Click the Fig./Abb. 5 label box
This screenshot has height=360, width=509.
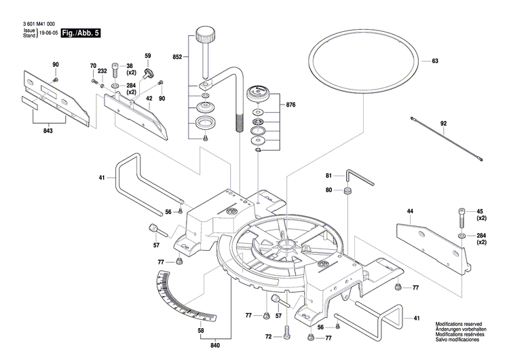[79, 33]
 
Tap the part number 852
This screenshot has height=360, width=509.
[178, 58]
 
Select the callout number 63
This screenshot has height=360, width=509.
[435, 62]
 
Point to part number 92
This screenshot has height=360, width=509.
[443, 124]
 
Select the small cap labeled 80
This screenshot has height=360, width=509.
[347, 191]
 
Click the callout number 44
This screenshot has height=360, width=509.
[410, 211]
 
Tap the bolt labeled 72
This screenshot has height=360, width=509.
[285, 331]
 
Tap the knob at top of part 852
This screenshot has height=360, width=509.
[204, 33]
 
